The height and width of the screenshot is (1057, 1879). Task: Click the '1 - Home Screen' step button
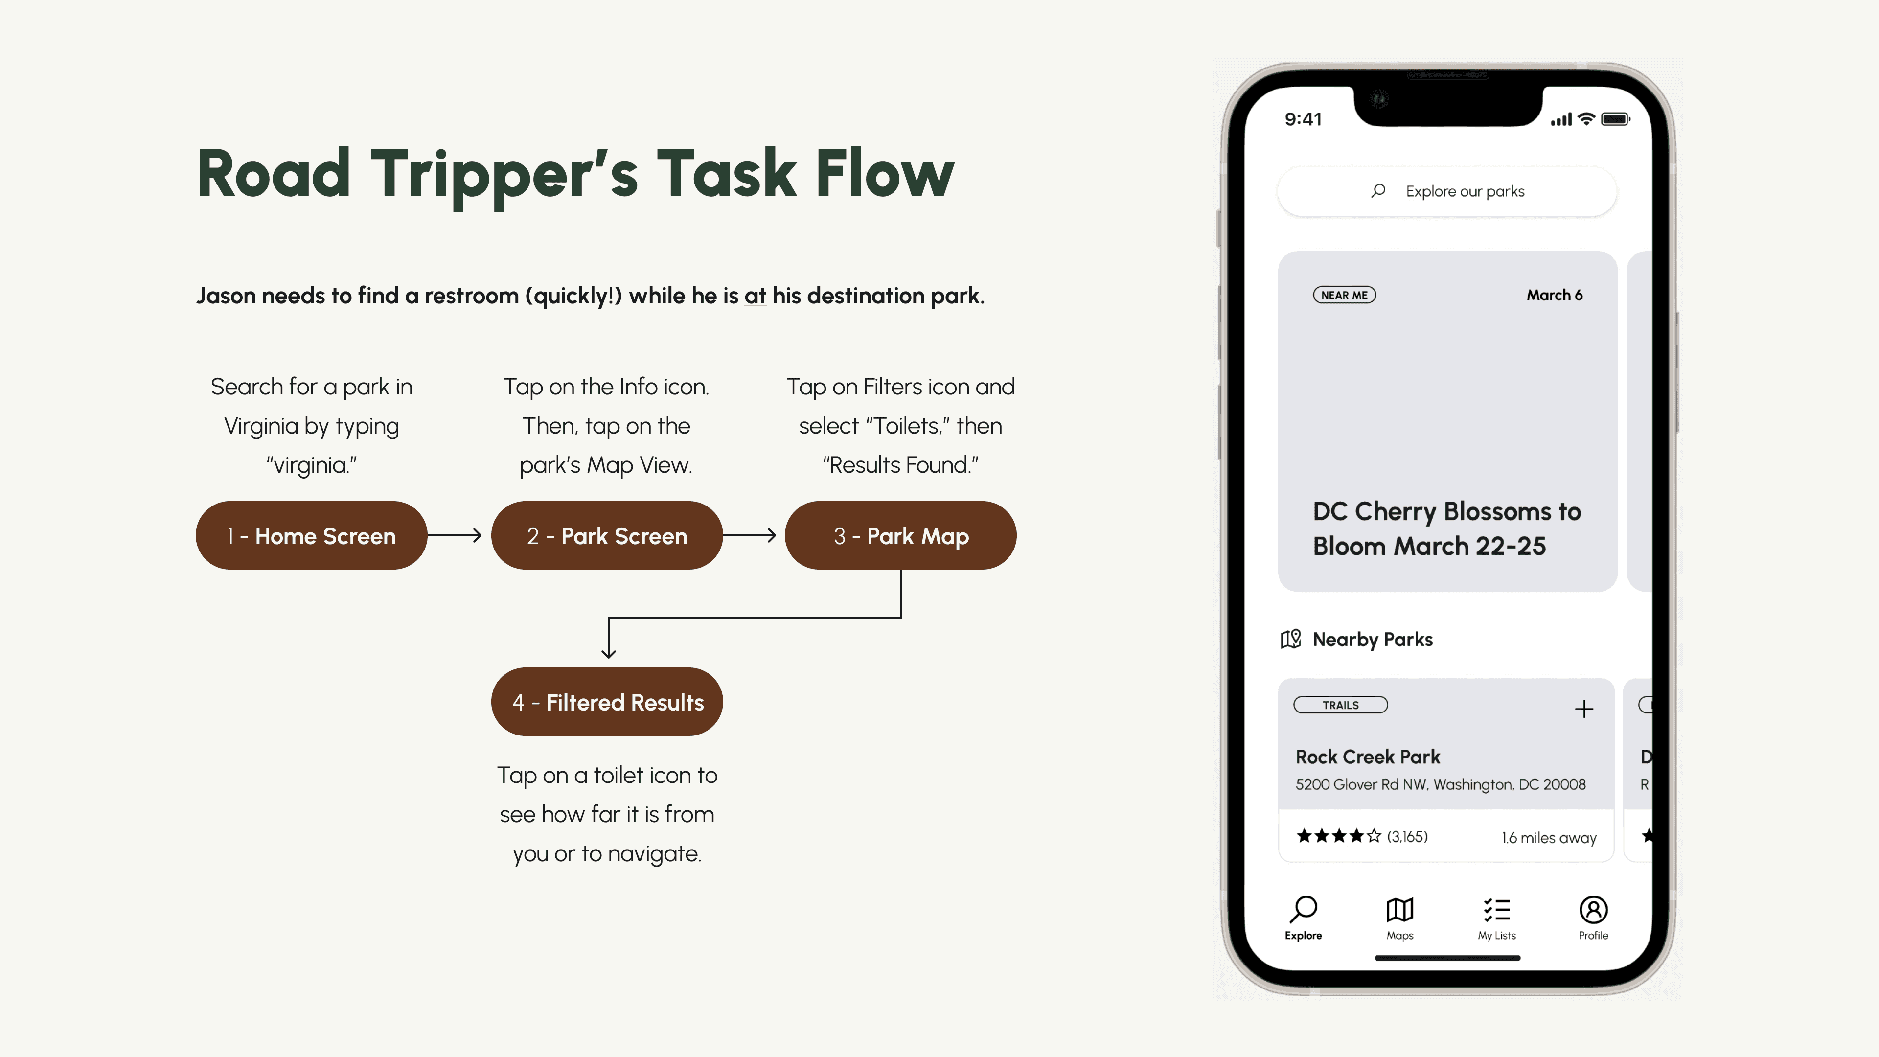point(311,535)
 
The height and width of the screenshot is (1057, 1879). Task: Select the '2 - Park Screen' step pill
point(607,535)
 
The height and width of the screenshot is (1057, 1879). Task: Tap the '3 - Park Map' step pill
point(901,535)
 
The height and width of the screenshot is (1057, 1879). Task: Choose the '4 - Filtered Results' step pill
point(607,702)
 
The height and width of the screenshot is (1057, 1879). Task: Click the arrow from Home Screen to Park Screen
point(455,535)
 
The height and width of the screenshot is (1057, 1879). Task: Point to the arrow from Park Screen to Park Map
point(749,535)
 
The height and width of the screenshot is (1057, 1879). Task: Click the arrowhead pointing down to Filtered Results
point(608,652)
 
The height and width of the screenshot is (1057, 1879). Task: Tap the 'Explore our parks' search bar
point(1447,191)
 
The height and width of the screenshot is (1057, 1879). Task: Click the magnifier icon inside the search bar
point(1378,191)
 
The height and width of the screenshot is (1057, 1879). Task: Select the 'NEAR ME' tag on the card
point(1344,295)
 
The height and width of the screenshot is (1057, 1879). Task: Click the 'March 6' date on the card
point(1555,295)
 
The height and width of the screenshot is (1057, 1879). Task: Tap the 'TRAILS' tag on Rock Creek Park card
point(1341,705)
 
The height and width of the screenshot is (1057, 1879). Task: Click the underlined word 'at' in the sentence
point(755,296)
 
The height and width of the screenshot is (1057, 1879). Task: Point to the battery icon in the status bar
point(1615,119)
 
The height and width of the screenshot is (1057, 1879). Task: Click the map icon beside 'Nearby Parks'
point(1290,639)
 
